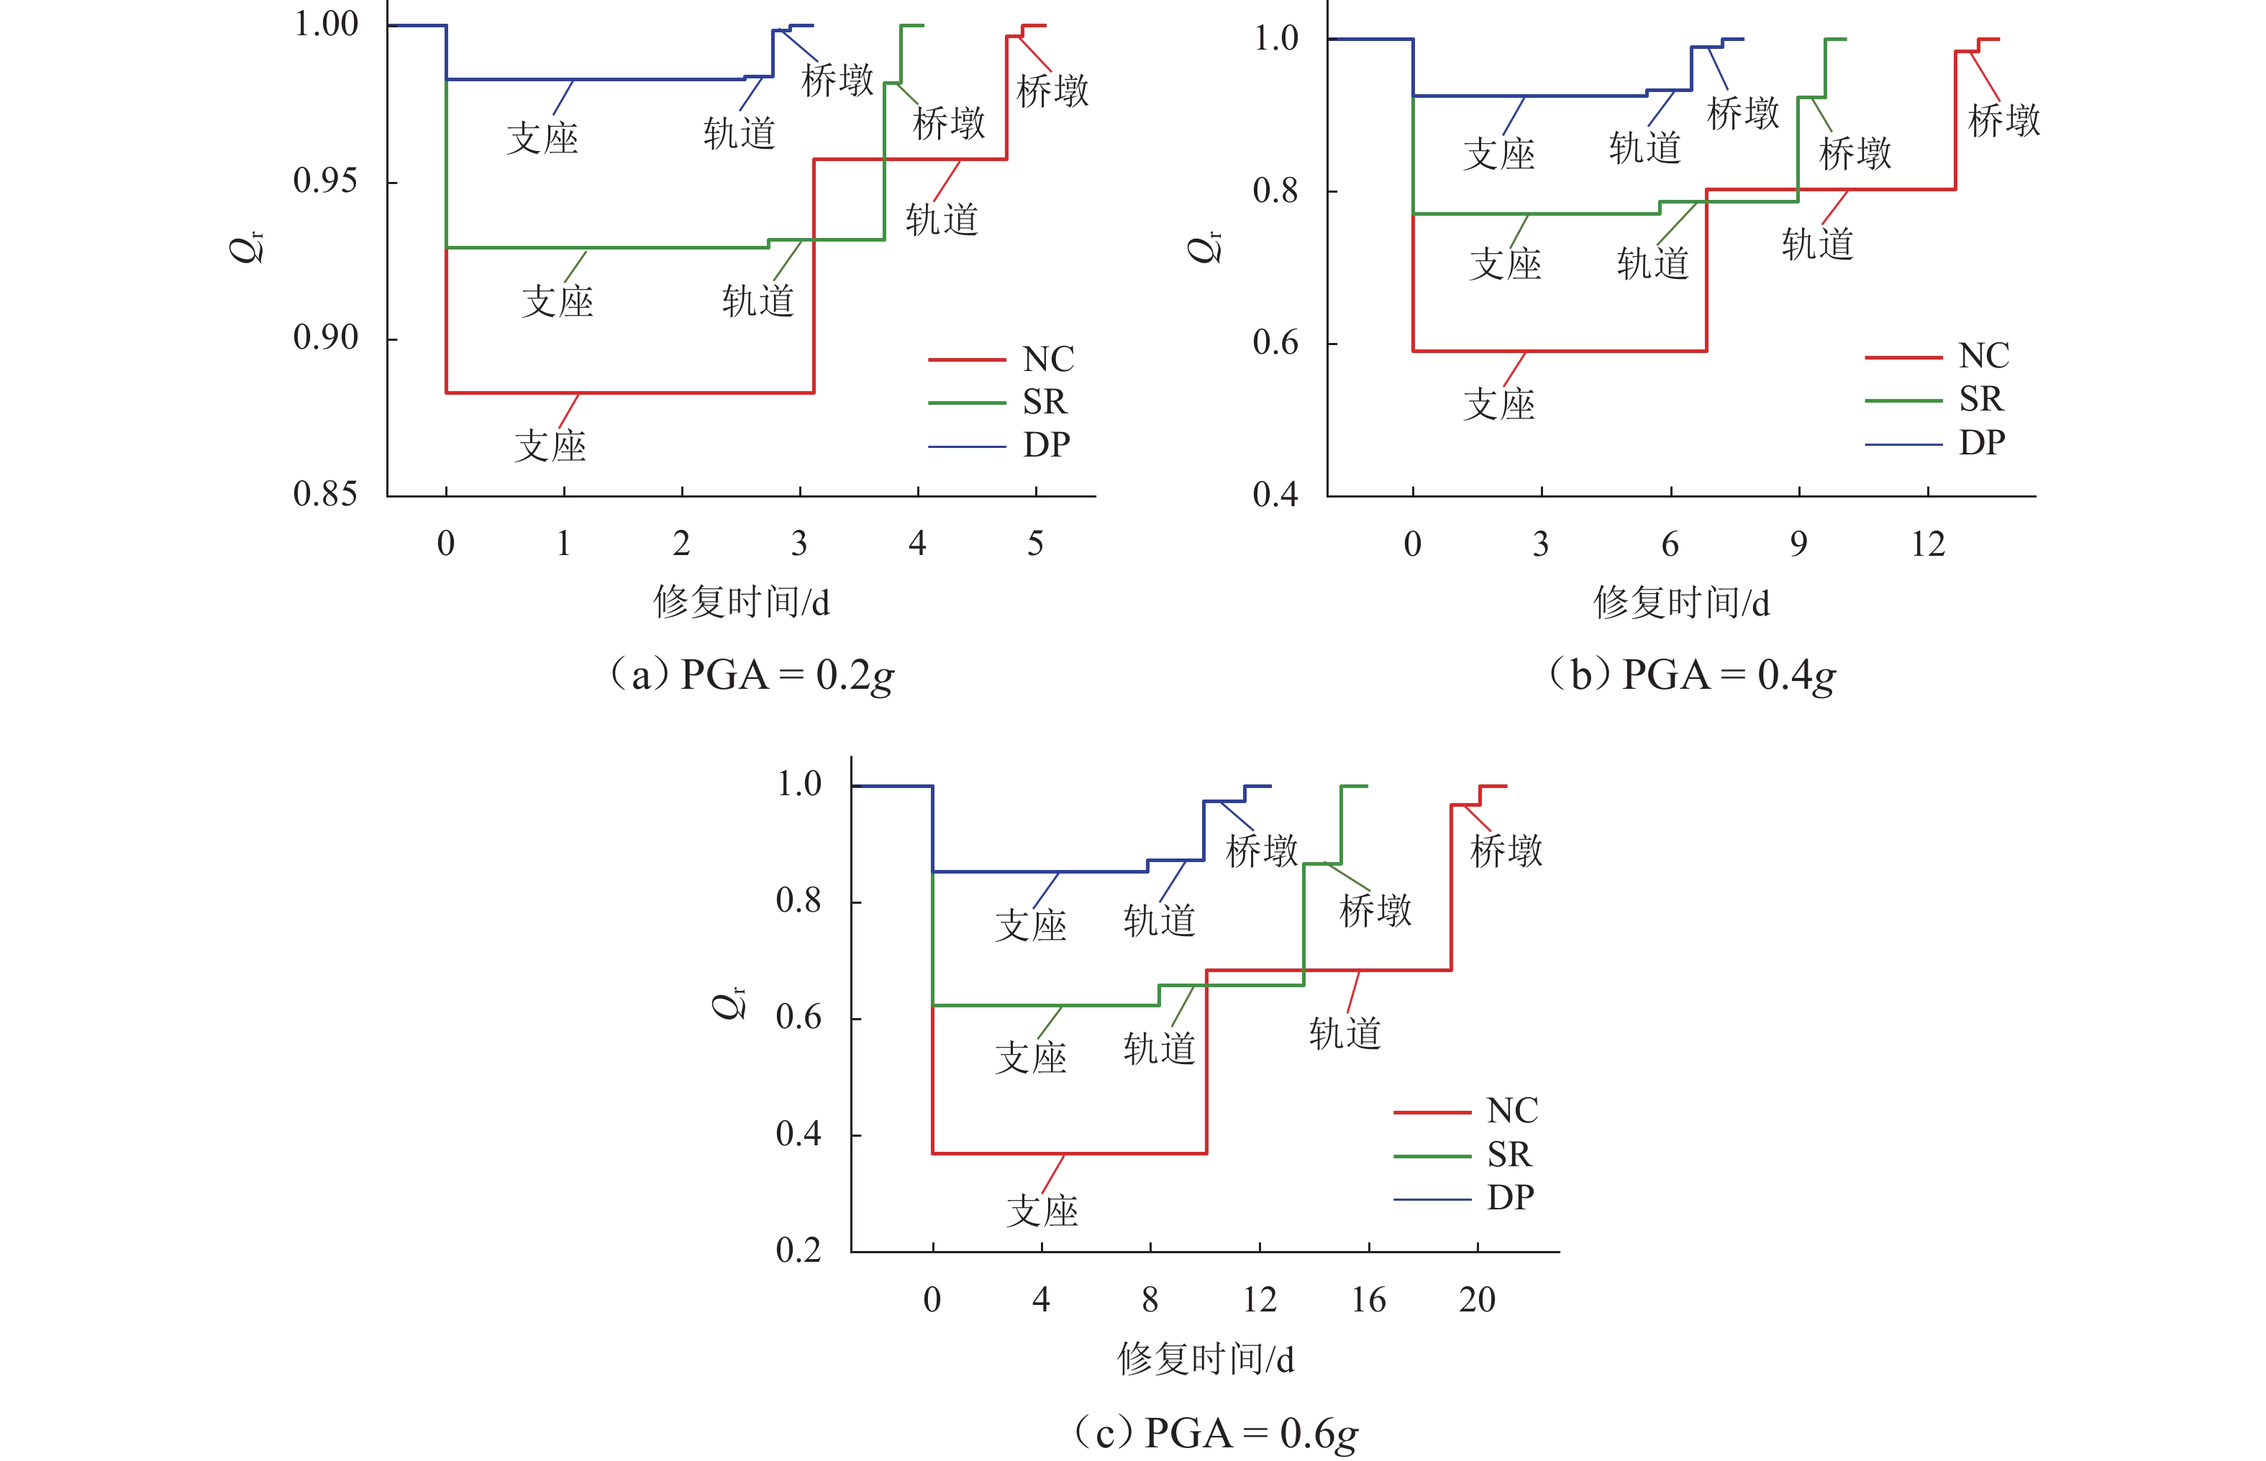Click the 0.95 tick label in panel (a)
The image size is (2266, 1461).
[325, 180]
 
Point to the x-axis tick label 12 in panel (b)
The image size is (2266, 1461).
[1927, 544]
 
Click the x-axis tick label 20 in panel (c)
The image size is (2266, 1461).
[1477, 1300]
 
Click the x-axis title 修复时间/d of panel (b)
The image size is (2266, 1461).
[1680, 603]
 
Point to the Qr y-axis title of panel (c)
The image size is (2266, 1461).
[729, 1002]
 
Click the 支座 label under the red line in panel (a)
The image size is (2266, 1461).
[550, 446]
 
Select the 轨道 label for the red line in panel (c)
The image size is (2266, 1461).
[1344, 1033]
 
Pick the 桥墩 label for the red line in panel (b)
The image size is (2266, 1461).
[2004, 121]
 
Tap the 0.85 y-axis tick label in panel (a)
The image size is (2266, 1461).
[325, 494]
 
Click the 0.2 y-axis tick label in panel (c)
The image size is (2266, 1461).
[798, 1250]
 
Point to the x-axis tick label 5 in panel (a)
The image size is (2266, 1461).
[1035, 544]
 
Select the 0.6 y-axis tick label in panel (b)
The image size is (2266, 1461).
[1275, 342]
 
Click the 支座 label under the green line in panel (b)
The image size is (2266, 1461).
[1506, 264]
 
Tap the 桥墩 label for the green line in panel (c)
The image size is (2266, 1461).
[1375, 911]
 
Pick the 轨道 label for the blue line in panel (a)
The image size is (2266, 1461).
[740, 133]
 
